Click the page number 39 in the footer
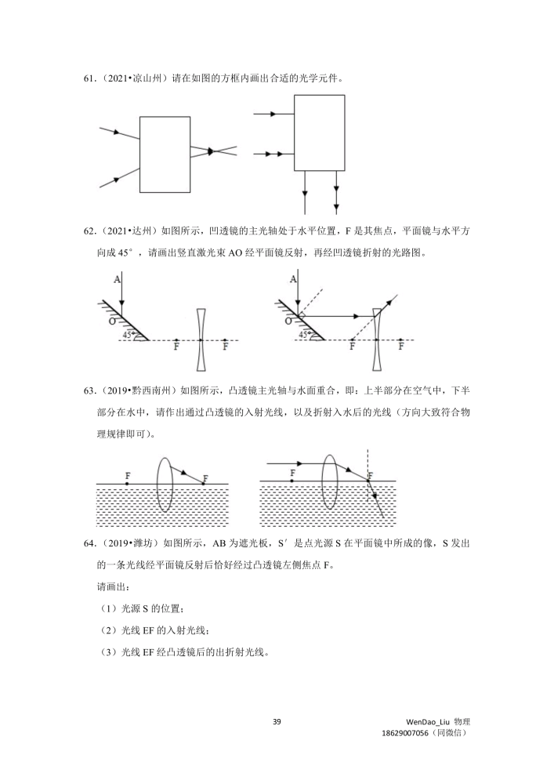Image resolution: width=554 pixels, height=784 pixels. click(277, 721)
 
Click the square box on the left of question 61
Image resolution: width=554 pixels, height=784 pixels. click(165, 154)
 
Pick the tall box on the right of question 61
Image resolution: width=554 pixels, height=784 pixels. click(319, 131)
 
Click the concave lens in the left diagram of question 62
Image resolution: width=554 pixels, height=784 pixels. click(201, 339)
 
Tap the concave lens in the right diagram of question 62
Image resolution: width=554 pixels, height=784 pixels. click(377, 339)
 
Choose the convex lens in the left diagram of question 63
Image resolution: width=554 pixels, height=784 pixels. click(165, 484)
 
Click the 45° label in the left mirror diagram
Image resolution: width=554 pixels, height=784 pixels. click(128, 335)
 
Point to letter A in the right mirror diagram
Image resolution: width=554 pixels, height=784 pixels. click(292, 279)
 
